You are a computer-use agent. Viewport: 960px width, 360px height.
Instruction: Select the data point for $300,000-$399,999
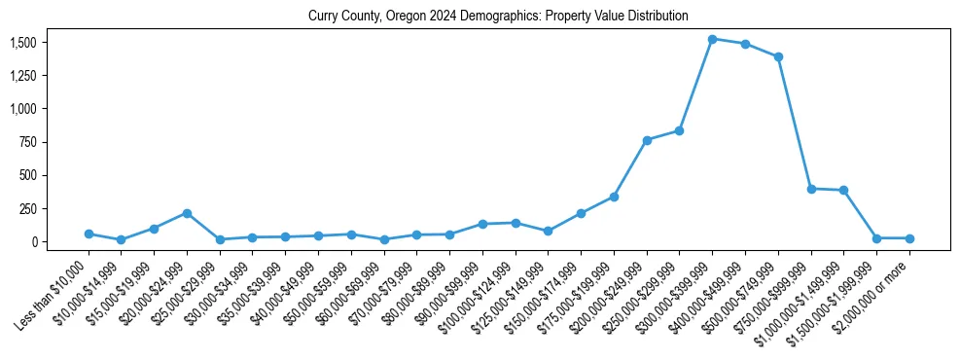coord(712,39)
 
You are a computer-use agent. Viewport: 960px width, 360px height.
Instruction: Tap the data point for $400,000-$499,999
coord(745,44)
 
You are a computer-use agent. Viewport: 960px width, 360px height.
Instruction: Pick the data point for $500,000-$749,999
coord(778,56)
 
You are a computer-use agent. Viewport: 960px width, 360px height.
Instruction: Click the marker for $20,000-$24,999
coord(187,213)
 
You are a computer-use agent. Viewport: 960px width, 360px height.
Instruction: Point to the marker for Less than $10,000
coord(89,234)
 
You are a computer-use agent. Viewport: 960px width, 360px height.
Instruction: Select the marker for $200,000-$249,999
coord(647,140)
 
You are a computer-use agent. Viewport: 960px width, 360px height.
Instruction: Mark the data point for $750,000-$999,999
coord(811,189)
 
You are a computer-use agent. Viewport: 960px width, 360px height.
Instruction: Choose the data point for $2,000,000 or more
coord(909,238)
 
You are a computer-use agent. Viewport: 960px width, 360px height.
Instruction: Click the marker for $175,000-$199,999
coord(614,197)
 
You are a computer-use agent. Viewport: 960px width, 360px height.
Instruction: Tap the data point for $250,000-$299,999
coord(679,130)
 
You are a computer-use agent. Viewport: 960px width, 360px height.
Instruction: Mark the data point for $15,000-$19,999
coord(154,229)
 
